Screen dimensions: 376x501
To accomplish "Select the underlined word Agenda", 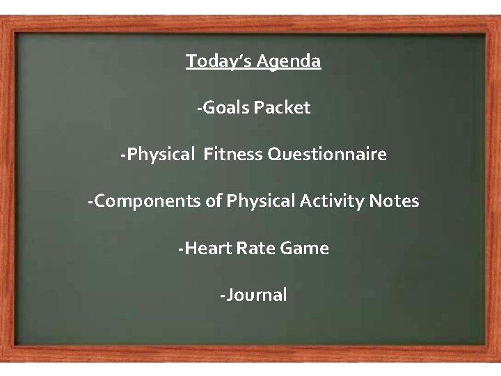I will point(289,62).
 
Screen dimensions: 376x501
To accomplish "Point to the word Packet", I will point(282,108).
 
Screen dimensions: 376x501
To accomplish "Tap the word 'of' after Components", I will point(212,201).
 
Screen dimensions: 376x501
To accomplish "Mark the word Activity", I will point(332,201).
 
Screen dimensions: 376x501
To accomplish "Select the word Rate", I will point(257,248).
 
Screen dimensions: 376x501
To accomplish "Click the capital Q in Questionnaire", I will point(273,155).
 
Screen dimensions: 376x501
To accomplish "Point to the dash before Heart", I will point(181,249).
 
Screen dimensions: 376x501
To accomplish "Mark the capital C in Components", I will point(99,201).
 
